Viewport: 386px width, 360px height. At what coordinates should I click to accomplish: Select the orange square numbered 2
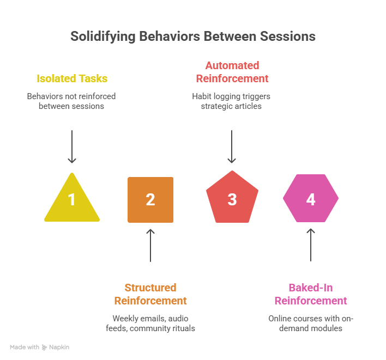tap(150, 199)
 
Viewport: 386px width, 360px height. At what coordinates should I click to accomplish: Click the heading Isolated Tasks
tap(72, 78)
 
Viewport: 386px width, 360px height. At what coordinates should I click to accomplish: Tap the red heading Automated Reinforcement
tap(232, 72)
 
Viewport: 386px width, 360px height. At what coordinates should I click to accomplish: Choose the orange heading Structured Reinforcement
tap(150, 294)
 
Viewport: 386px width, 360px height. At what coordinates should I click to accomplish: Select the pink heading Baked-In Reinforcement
tap(311, 294)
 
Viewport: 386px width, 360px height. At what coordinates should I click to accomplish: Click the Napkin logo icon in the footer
tap(45, 347)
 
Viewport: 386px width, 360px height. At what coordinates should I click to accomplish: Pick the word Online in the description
tap(280, 318)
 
